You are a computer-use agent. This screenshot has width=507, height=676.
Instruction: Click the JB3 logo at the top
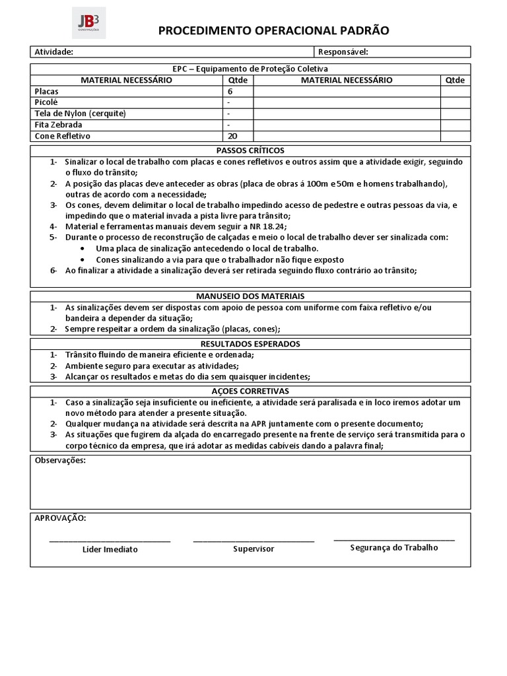click(88, 22)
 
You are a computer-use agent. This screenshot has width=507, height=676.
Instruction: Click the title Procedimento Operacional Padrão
click(273, 30)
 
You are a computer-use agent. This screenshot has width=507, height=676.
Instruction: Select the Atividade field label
click(53, 52)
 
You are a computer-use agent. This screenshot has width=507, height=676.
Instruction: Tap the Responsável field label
click(343, 52)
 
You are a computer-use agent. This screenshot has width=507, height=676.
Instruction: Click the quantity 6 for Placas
click(230, 92)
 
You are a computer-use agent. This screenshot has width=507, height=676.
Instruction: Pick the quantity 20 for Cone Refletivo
click(232, 136)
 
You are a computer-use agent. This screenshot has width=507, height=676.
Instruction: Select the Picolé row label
click(46, 102)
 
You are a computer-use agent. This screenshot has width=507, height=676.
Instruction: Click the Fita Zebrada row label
click(59, 125)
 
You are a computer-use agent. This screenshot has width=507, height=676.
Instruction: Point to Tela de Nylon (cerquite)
click(80, 114)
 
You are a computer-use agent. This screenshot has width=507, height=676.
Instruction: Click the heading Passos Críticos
click(250, 151)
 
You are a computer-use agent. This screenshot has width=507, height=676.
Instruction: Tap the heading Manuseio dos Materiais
click(250, 296)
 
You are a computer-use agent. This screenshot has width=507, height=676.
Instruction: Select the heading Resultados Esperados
click(250, 344)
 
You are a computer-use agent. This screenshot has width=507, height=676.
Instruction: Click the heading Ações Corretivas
click(250, 391)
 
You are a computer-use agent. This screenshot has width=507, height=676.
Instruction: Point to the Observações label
click(59, 460)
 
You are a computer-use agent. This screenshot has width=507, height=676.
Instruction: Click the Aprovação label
click(59, 518)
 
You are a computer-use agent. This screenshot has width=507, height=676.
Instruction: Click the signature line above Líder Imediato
click(110, 541)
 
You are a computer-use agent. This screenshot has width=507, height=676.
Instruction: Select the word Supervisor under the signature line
click(253, 549)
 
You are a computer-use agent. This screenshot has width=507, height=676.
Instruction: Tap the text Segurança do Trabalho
click(394, 547)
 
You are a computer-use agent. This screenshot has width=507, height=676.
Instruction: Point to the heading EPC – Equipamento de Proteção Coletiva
click(250, 69)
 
